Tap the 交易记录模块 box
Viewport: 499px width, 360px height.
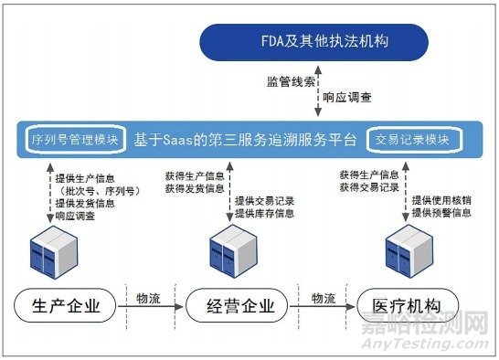click(413, 140)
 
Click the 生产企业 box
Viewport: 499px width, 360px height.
click(69, 304)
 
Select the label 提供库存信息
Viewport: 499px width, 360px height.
click(264, 214)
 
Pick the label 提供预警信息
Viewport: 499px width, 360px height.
click(441, 213)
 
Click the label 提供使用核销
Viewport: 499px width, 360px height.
click(441, 200)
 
